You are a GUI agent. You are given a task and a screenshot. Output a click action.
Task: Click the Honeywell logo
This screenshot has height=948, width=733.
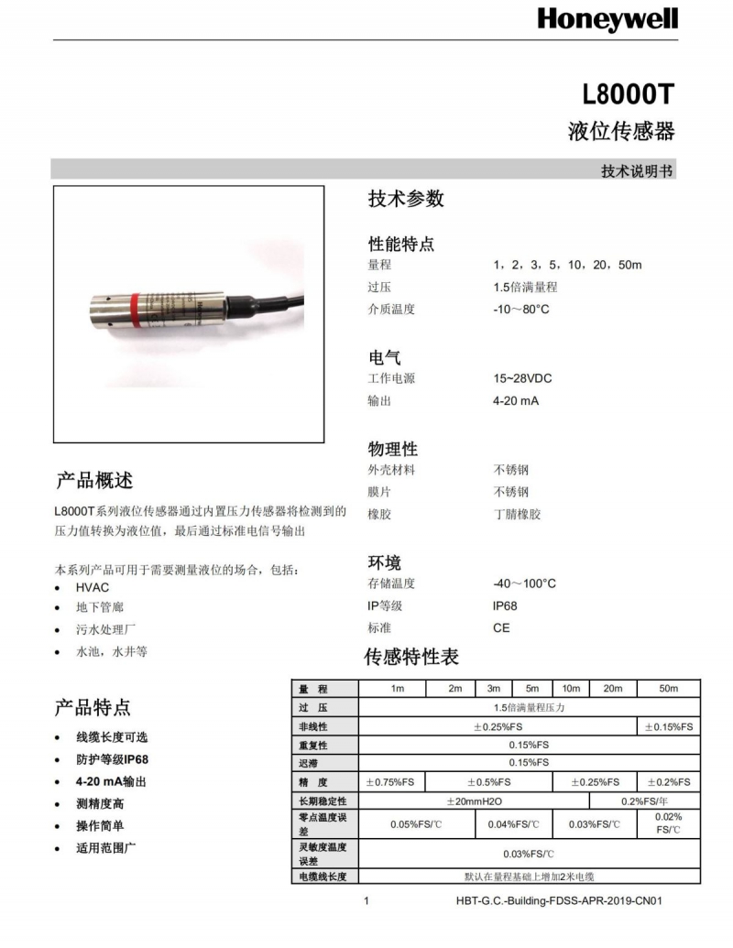(607, 18)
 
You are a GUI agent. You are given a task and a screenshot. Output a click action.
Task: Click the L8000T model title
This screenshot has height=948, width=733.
(629, 94)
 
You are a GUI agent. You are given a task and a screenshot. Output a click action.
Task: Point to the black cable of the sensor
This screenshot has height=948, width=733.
(275, 302)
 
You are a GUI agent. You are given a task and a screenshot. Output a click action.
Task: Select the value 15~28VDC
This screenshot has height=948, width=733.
(522, 378)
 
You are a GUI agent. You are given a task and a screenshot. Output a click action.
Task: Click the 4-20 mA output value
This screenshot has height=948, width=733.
(516, 401)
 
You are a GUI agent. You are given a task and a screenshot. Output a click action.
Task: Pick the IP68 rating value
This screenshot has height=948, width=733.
(505, 606)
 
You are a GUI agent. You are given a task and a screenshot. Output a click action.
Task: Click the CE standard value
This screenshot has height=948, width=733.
(501, 628)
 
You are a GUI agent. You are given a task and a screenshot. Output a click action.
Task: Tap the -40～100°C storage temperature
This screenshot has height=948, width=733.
(524, 583)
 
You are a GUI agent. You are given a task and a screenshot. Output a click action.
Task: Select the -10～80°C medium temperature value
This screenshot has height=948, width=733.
(520, 310)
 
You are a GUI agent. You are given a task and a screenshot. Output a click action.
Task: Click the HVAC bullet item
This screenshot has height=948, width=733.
(93, 587)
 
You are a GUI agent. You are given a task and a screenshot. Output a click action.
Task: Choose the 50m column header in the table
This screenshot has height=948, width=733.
(669, 689)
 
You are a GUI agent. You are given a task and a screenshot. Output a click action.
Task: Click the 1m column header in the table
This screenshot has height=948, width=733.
(397, 689)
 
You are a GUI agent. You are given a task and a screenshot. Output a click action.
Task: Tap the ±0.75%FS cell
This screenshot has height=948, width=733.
(391, 782)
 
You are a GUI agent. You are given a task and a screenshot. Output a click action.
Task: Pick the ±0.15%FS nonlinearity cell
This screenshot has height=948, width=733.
(669, 726)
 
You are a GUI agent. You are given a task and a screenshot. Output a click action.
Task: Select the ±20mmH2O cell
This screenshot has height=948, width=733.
(474, 801)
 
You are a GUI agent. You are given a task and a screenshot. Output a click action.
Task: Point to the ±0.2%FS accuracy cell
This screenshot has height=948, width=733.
(669, 782)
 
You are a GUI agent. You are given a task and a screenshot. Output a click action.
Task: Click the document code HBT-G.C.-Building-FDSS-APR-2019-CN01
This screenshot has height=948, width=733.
(559, 900)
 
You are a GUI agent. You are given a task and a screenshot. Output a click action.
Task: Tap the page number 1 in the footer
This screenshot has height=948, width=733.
(366, 900)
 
